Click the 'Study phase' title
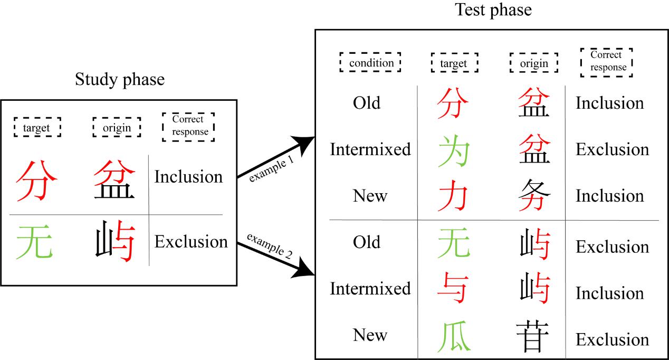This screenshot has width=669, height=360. pyautogui.click(x=120, y=80)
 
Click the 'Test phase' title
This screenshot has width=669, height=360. pyautogui.click(x=493, y=10)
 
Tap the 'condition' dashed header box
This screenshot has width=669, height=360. pyautogui.click(x=370, y=62)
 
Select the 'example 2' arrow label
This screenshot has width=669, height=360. pyautogui.click(x=270, y=245)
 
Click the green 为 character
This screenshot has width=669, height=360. pyautogui.click(x=453, y=150)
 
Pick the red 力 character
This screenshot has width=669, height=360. pyautogui.click(x=453, y=195)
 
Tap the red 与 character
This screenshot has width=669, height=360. pyautogui.click(x=452, y=288)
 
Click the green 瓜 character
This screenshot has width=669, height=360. pyautogui.click(x=454, y=336)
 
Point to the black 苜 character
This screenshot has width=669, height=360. pyautogui.click(x=532, y=336)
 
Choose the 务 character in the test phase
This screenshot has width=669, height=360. pyautogui.click(x=534, y=195)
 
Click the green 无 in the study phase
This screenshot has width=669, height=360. pyautogui.click(x=34, y=241)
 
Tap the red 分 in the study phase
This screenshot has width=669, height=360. pyautogui.click(x=36, y=181)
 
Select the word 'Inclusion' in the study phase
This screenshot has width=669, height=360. pyautogui.click(x=188, y=176)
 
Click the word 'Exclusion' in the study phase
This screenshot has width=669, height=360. pyautogui.click(x=191, y=241)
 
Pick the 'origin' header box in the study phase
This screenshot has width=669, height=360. pyautogui.click(x=117, y=127)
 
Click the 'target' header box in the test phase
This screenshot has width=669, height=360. pyautogui.click(x=455, y=63)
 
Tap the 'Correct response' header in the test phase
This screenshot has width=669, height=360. pyautogui.click(x=607, y=62)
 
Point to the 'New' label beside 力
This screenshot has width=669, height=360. pyautogui.click(x=370, y=196)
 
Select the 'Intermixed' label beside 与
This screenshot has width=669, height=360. pyautogui.click(x=370, y=289)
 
